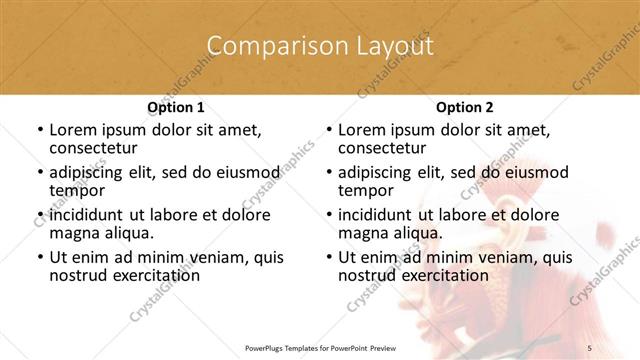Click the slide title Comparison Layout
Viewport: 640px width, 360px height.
pos(319,47)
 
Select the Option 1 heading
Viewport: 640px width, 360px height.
pos(175,107)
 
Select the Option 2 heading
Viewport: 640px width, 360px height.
pos(464,107)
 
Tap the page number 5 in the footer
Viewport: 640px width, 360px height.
pos(590,347)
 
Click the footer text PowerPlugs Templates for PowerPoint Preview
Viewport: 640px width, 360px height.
pos(319,347)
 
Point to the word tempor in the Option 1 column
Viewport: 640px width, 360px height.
pos(77,191)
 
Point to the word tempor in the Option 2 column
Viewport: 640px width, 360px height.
pos(366,191)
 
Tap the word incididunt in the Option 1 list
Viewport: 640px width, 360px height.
pos(86,215)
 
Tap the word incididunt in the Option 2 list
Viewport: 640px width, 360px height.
pos(375,215)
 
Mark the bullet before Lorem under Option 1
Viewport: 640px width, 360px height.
pos(39,131)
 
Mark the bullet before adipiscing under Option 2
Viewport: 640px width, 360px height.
pos(328,173)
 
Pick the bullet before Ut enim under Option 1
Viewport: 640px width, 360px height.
pos(39,257)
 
